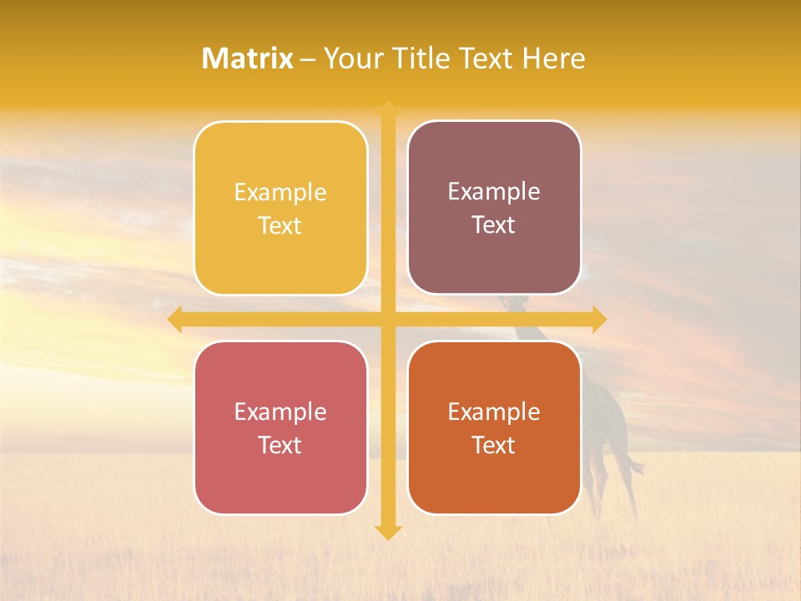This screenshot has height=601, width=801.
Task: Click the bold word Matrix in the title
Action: point(248,58)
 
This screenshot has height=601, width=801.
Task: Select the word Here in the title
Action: point(553,58)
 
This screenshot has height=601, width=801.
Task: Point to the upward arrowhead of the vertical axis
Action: point(388,109)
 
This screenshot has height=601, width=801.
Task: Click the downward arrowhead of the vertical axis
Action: point(388,532)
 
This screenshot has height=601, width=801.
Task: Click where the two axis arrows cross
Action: point(388,320)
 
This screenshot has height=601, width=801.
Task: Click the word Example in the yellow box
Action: point(280,193)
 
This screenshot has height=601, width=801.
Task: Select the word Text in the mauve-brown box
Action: point(494,225)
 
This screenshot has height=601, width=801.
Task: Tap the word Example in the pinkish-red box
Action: point(280,412)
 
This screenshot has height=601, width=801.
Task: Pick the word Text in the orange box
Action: point(494,445)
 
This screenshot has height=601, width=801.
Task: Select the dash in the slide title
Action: point(308,59)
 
